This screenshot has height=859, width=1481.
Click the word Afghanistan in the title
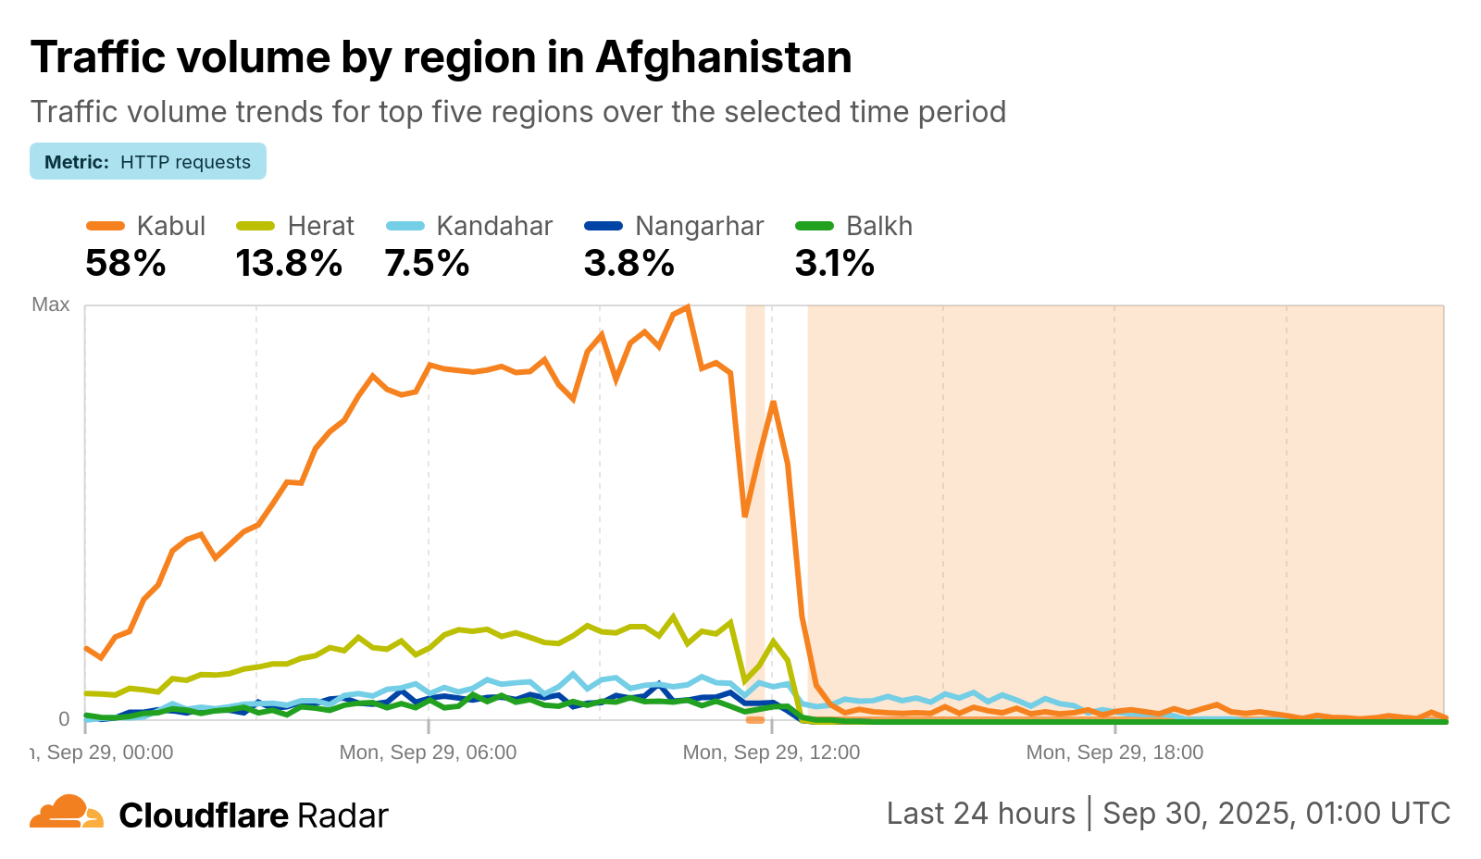723,57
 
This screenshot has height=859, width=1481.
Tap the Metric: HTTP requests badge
148,162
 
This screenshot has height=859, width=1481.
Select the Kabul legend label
170,226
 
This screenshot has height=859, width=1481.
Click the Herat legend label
320,226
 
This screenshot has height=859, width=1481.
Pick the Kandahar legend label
494,226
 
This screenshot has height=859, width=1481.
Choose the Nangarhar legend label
699,226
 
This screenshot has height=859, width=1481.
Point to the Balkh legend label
878,226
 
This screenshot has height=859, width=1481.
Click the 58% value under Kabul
126,264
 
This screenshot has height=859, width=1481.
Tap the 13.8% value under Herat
289,264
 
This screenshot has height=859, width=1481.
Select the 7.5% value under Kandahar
427,264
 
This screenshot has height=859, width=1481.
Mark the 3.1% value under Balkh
834,264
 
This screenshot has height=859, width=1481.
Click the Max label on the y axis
51,305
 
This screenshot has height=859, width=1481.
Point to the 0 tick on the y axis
64,719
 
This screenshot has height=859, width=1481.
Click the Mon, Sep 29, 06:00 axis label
428,753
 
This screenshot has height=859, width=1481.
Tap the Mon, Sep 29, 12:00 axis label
771,753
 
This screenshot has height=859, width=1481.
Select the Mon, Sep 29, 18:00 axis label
1114,753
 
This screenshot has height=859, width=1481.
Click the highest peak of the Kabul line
687,306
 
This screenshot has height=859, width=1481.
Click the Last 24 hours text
980,814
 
